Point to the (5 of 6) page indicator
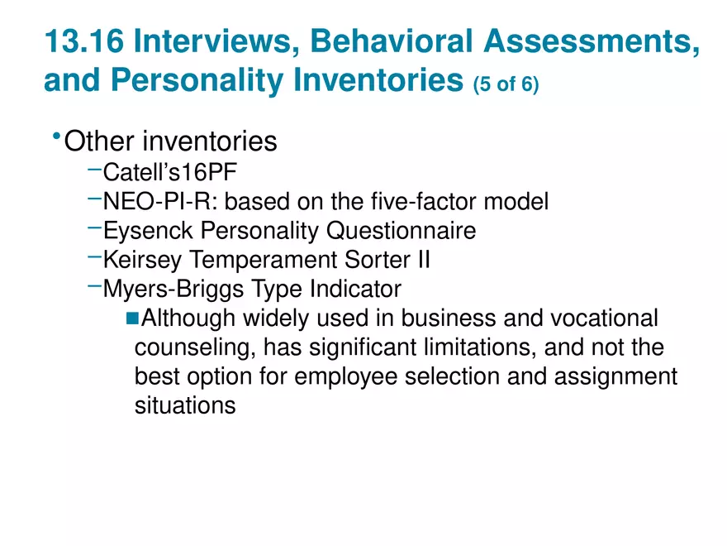tap(506, 85)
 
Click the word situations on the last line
tap(184, 405)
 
